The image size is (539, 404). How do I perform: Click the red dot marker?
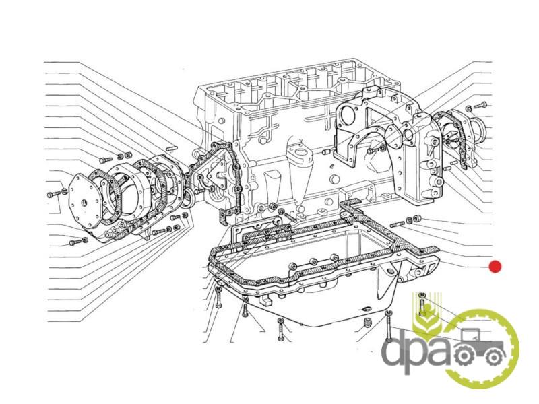click(495, 266)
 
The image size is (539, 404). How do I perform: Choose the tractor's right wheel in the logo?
click(494, 358)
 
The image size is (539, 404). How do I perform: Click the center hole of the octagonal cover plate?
click(83, 203)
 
